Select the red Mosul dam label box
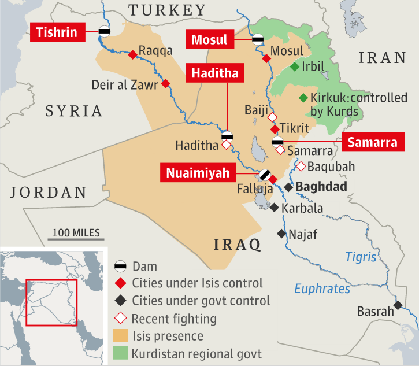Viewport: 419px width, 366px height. [210, 40]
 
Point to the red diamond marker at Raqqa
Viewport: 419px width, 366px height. [132, 54]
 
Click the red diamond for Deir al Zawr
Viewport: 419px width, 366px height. [166, 83]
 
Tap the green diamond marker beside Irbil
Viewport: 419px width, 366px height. [295, 67]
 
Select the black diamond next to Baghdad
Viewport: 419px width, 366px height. [288, 187]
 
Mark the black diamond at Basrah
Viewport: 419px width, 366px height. [398, 305]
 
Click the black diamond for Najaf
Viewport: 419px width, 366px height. [281, 234]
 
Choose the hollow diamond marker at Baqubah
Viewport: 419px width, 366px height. [301, 167]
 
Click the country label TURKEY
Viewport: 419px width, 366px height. [167, 10]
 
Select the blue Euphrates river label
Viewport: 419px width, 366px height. [322, 289]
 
